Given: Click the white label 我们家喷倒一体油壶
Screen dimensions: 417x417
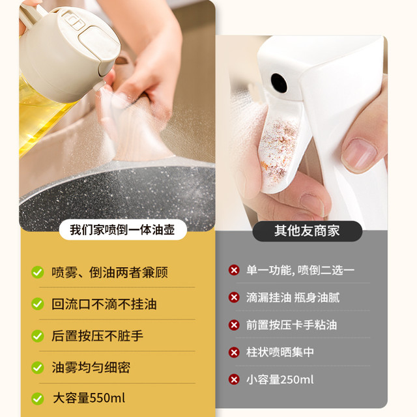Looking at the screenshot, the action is click(123, 230).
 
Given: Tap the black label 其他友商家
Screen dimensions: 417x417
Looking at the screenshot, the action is click(307, 231).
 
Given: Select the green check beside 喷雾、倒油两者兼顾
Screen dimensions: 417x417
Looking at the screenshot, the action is click(38, 272).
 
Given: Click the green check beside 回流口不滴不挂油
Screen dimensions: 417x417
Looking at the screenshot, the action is click(38, 304).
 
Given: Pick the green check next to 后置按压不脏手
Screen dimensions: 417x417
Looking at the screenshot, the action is click(38, 336).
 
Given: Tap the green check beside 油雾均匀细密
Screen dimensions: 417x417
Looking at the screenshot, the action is click(38, 367).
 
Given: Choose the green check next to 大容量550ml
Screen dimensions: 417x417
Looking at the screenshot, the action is click(38, 399).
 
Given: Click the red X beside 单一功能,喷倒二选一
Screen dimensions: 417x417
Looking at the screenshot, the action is click(234, 270).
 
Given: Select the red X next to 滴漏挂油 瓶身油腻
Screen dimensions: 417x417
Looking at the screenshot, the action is click(234, 297).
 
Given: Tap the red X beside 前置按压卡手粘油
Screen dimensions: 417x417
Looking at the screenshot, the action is click(234, 325).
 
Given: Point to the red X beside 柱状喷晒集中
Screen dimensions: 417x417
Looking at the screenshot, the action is click(234, 352).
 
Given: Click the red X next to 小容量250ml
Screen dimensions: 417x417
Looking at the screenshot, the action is click(234, 379).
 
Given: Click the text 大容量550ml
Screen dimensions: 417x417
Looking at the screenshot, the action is click(89, 398).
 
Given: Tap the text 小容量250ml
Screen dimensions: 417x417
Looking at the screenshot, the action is click(280, 379).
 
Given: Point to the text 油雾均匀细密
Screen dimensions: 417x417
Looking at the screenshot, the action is click(91, 367).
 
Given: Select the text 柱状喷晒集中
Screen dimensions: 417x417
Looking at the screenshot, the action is click(280, 352).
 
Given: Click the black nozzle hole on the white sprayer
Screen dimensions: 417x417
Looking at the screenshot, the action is click(279, 83).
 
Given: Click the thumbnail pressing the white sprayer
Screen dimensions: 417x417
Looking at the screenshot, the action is click(359, 154).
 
